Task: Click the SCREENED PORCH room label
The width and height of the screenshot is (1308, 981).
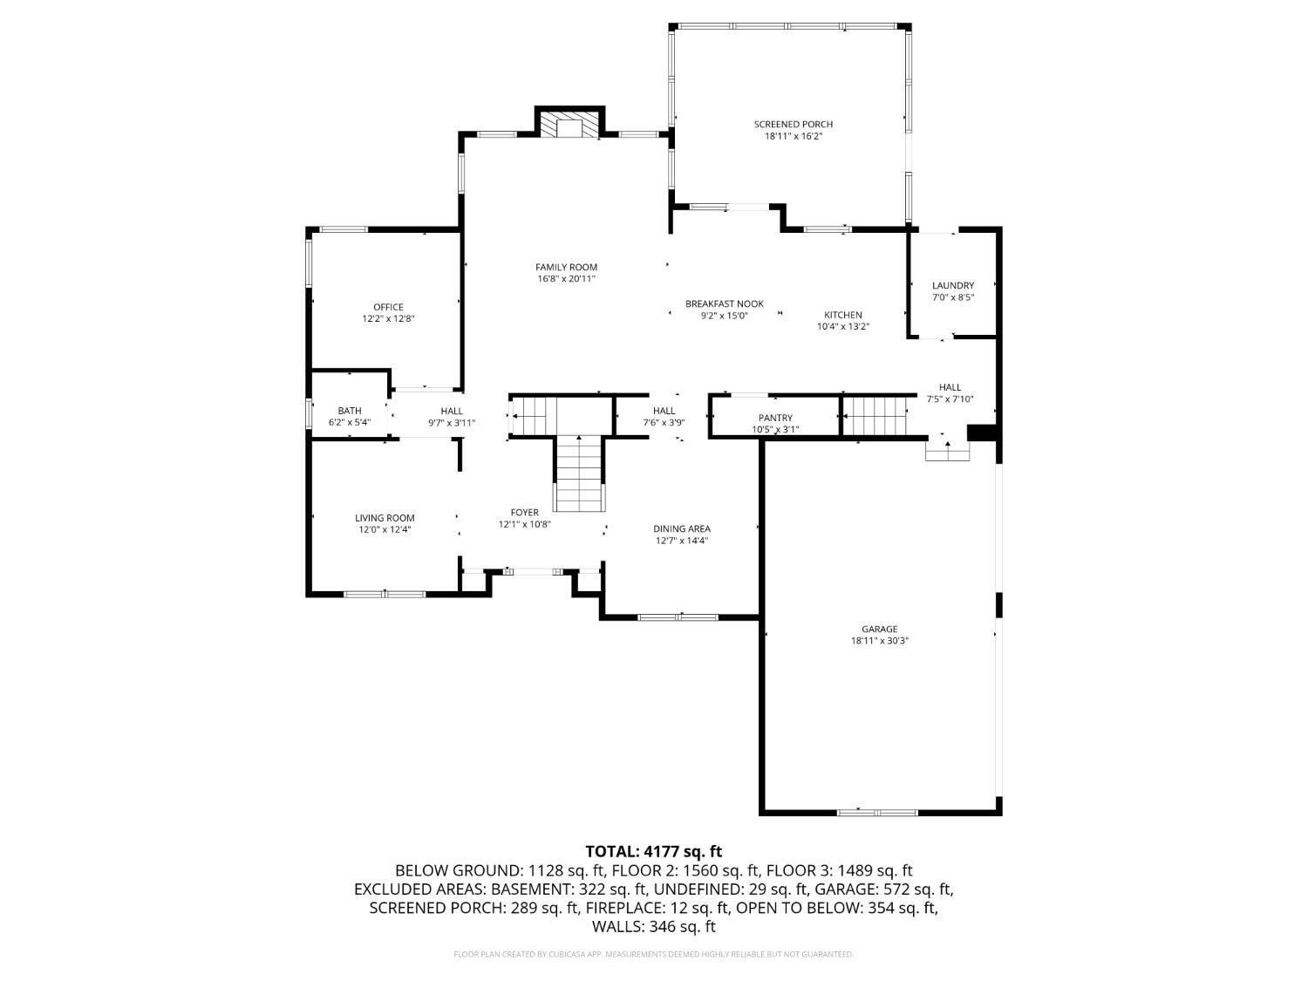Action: (793, 125)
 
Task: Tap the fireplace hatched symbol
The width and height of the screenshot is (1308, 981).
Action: (571, 125)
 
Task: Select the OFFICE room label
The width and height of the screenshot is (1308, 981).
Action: (388, 307)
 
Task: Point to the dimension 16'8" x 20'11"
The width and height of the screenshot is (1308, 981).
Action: (566, 279)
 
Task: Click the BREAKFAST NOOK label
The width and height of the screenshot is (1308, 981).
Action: (724, 303)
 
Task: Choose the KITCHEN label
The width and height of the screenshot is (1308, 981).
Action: (842, 315)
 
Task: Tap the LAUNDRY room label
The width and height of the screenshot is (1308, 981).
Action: (953, 286)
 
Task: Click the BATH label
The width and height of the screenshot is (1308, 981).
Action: (349, 411)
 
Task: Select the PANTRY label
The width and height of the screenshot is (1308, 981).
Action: (775, 419)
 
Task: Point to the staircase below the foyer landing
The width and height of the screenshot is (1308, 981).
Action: (579, 473)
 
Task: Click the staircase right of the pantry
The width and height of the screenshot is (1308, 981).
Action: (875, 416)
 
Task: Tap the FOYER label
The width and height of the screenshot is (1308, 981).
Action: (524, 513)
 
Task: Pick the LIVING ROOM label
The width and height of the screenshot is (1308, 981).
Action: (385, 518)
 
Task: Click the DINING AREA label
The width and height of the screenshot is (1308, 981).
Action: (682, 529)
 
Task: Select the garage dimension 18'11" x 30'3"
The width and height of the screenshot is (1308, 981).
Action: (879, 641)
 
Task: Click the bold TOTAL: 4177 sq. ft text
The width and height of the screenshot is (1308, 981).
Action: (654, 851)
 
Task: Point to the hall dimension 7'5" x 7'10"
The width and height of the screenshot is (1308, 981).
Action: (950, 399)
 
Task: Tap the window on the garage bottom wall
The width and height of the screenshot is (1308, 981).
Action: (877, 813)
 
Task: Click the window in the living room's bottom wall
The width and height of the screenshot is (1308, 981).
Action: (385, 594)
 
